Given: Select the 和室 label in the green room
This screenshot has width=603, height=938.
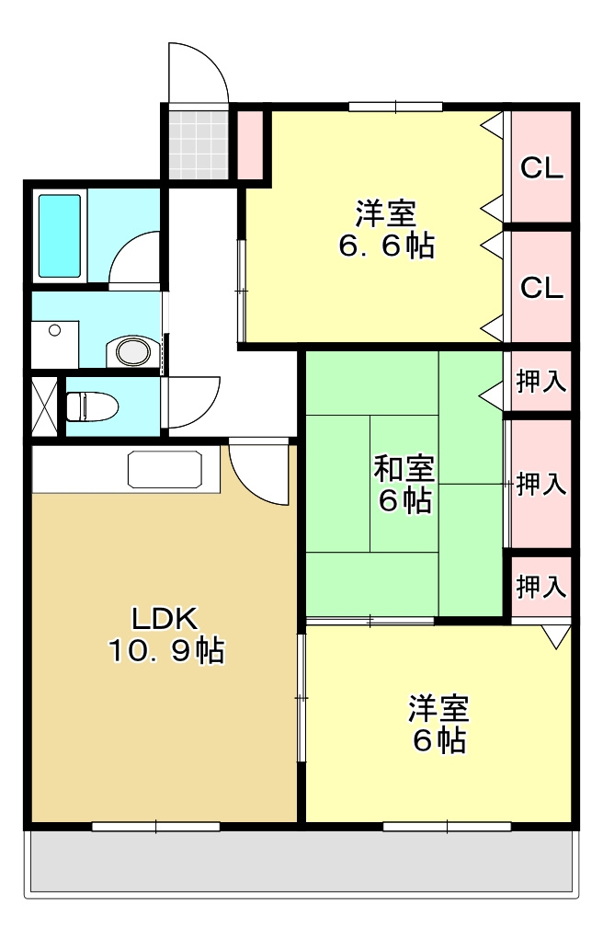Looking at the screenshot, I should click(x=404, y=468).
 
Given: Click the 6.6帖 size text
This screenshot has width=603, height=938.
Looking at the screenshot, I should click(x=386, y=246).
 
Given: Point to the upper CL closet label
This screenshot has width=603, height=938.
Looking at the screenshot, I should click(x=541, y=168).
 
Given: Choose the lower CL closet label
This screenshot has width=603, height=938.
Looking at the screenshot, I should click(x=541, y=288).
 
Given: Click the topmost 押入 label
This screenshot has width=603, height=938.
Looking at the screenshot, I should click(x=541, y=382).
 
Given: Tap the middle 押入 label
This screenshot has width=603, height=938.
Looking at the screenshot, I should click(x=541, y=484).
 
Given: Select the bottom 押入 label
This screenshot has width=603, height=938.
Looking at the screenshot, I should click(x=541, y=585).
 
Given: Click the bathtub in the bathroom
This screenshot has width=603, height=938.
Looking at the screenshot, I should click(x=60, y=235).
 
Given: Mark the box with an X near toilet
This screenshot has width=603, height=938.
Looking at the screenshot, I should click(x=43, y=405).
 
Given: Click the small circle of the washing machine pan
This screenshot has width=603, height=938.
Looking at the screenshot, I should click(x=55, y=329).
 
